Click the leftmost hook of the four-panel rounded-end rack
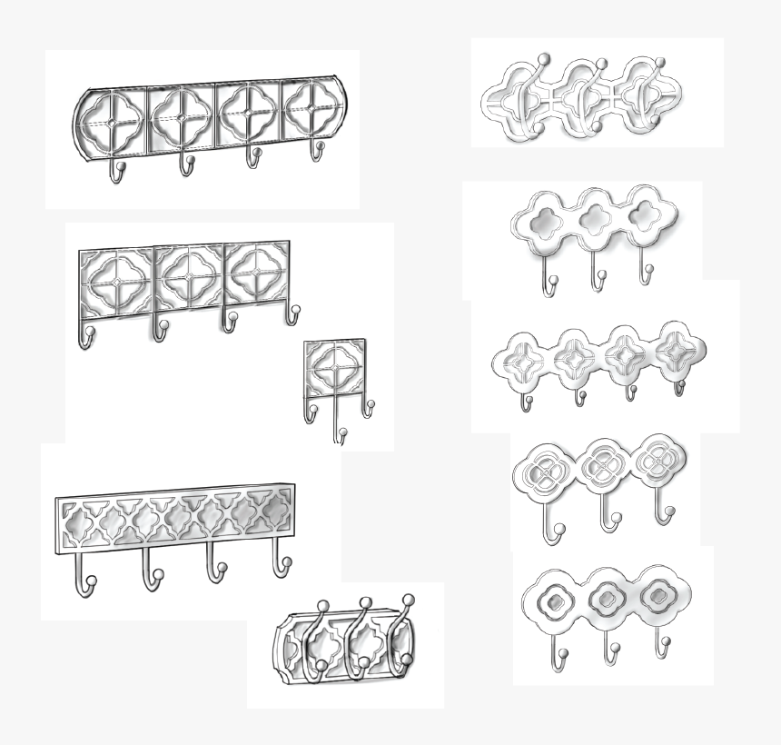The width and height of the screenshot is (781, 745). point(116,172)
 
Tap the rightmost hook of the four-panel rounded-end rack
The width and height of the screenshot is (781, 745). point(318,150)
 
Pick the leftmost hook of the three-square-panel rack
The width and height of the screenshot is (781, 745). point(85,337)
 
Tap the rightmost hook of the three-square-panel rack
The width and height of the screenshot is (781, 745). point(293,313)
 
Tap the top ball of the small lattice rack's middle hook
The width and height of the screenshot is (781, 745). point(365,601)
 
